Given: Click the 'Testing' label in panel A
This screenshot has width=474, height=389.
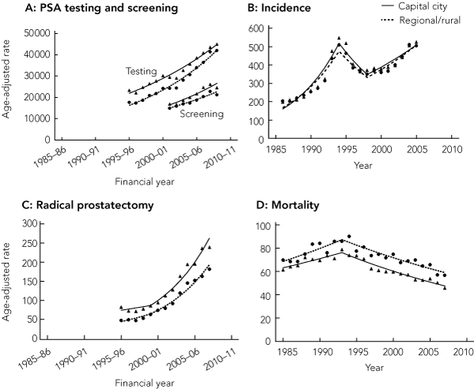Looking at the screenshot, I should pyautogui.click(x=141, y=71).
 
